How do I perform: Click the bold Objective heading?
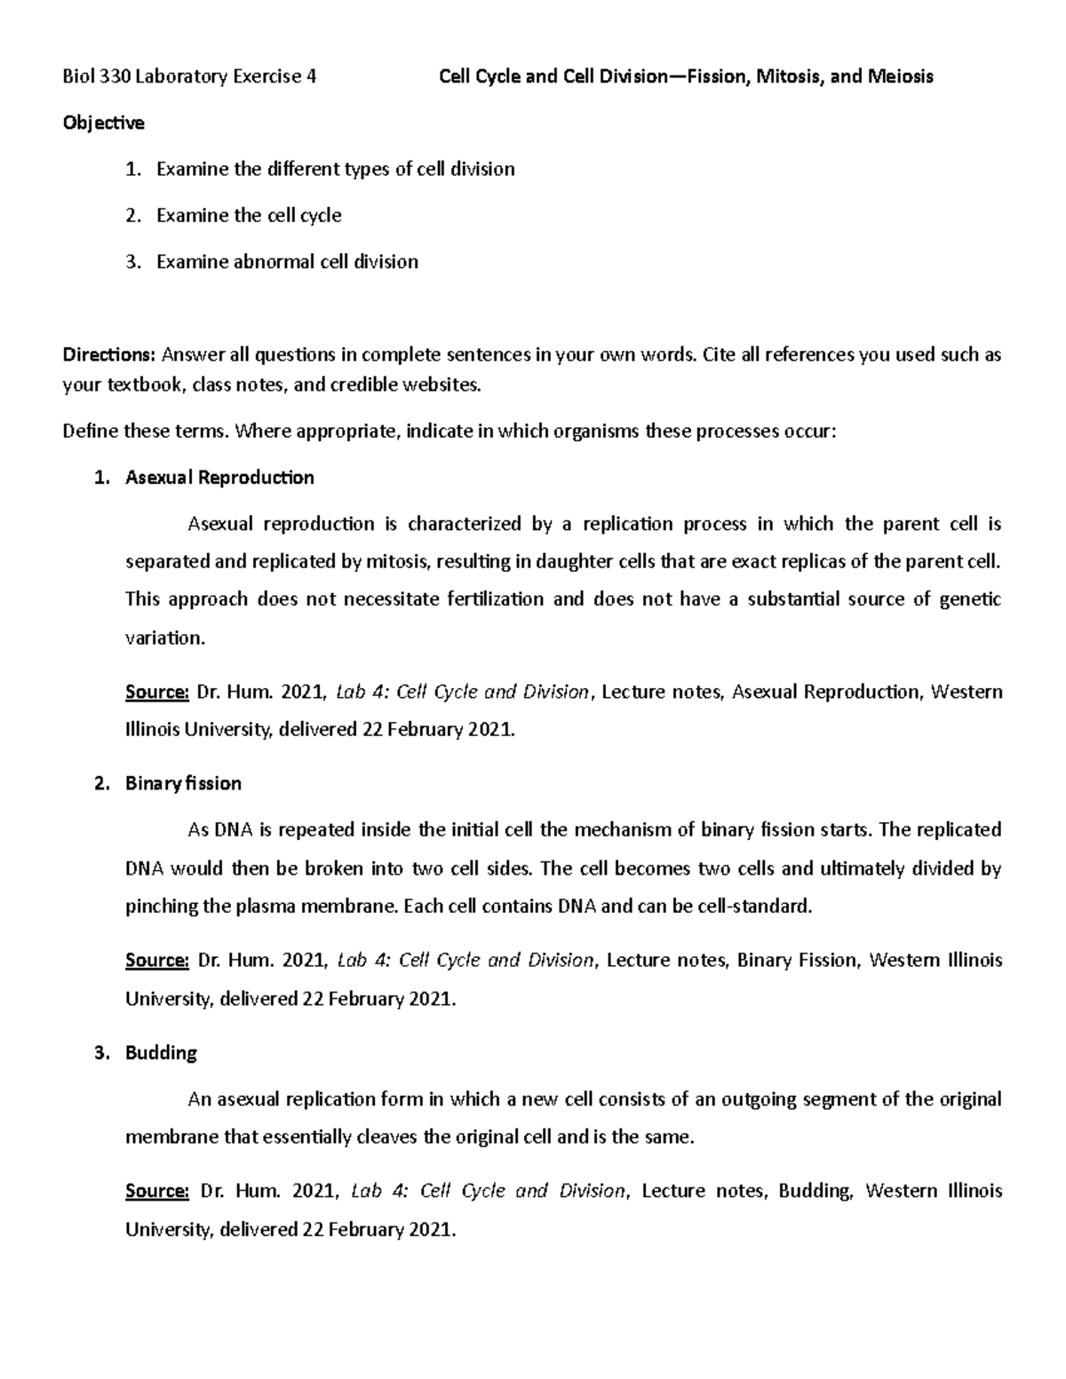click(x=103, y=123)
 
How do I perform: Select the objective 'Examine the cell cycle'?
click(x=249, y=215)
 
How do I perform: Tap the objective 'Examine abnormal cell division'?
click(x=287, y=261)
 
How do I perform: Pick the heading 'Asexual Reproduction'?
click(x=219, y=478)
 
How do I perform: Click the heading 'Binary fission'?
click(x=183, y=783)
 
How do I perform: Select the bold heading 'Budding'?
click(x=161, y=1052)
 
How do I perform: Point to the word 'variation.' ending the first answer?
click(x=165, y=638)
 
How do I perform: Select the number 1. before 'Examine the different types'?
click(x=132, y=169)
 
